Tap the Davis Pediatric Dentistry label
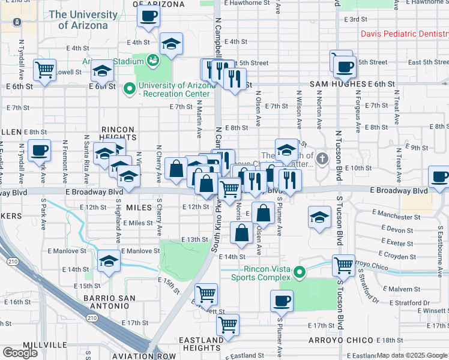pyautogui.click(x=405, y=34)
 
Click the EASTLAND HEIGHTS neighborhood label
pyautogui.click(x=202, y=344)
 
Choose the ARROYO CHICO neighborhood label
pyautogui.click(x=340, y=340)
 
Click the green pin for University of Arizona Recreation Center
pyautogui.click(x=128, y=89)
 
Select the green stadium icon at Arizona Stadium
pyautogui.click(x=152, y=60)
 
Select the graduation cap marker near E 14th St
pyautogui.click(x=108, y=261)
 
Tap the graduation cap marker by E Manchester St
pyautogui.click(x=319, y=217)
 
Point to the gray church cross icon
pyautogui.click(x=323, y=159)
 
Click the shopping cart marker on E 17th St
pyautogui.click(x=228, y=325)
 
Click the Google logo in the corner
pyautogui.click(x=20, y=353)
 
